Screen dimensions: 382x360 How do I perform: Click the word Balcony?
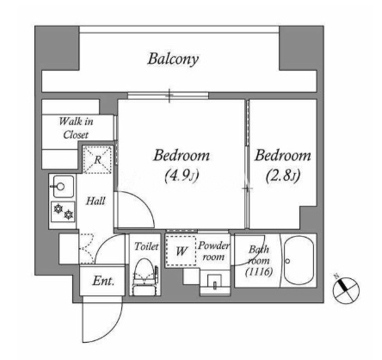coord(173,59)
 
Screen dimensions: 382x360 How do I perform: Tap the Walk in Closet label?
coord(76,127)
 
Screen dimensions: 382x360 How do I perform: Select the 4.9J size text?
coord(182,176)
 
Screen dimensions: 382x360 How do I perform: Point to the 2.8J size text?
coord(283,176)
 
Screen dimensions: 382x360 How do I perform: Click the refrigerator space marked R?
coord(97,159)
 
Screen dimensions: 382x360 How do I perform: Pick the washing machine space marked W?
coord(181,251)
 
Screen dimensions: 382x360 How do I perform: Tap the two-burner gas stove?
coord(64,212)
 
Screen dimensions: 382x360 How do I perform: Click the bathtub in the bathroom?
coord(299,260)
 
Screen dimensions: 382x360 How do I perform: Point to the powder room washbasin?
coord(214,282)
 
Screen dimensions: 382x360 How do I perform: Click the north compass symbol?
coord(346,290)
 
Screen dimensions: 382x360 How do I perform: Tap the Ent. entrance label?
coord(103,281)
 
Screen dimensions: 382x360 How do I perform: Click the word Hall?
coord(95,201)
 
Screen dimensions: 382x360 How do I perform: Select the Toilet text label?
coord(146,246)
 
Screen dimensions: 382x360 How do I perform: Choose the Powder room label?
coord(213,251)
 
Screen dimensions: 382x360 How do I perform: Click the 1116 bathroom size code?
coord(259,271)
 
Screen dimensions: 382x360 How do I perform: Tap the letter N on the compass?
coord(336,276)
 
